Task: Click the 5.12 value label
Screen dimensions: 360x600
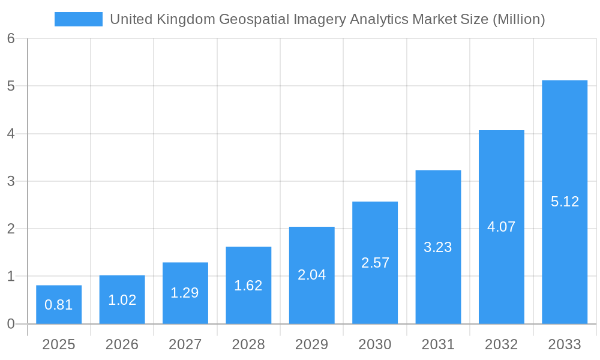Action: click(565, 202)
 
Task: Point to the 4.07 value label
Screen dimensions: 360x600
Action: click(502, 227)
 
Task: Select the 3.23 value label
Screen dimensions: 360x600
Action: click(438, 247)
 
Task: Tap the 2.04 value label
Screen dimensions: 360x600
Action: click(312, 275)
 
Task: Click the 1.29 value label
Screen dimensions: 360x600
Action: click(185, 293)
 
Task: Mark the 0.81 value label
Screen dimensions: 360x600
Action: click(59, 305)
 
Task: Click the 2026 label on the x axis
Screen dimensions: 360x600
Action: click(122, 344)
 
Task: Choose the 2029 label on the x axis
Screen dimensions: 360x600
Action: click(312, 344)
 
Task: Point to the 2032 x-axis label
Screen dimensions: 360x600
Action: click(502, 344)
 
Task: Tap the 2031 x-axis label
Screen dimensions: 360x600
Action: click(438, 344)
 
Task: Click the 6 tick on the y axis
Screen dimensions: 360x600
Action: click(11, 38)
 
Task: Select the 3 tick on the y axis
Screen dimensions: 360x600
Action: click(11, 181)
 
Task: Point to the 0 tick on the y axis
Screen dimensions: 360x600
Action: click(11, 324)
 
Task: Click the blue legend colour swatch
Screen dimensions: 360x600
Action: click(79, 19)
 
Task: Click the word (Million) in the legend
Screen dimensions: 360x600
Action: click(518, 19)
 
